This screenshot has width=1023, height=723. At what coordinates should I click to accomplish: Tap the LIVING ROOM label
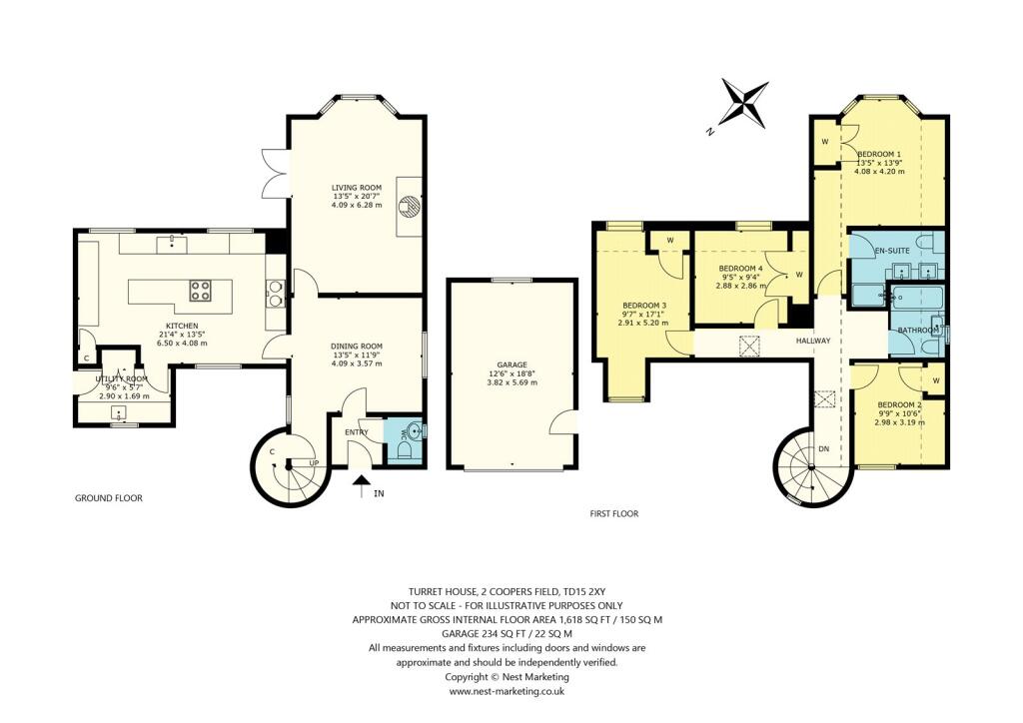click(x=357, y=187)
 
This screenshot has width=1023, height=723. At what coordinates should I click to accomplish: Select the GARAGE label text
click(x=511, y=365)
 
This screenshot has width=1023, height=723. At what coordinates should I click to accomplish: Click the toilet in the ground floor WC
click(x=407, y=450)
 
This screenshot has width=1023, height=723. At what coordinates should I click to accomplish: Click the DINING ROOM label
click(x=357, y=346)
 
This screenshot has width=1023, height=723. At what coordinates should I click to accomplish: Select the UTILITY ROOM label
click(x=121, y=379)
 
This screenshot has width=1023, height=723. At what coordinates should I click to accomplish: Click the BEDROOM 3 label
click(x=642, y=306)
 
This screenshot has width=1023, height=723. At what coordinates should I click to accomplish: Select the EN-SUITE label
click(x=891, y=249)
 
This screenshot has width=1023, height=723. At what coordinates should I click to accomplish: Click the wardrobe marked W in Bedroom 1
click(x=825, y=142)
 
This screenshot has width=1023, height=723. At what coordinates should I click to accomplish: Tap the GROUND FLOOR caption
click(x=109, y=497)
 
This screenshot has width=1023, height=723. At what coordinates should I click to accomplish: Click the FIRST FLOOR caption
click(x=613, y=513)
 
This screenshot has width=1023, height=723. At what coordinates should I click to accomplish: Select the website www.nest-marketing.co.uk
click(x=508, y=690)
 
